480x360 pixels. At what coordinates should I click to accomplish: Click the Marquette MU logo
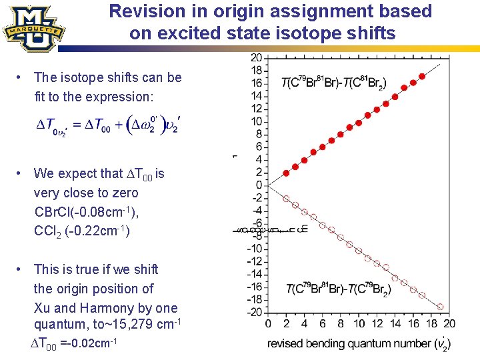[33, 28]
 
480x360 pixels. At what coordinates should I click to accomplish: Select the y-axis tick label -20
[255, 312]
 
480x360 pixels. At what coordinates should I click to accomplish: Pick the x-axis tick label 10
[359, 324]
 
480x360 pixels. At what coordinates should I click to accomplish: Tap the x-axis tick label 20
[449, 324]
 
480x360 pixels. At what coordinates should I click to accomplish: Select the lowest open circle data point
[440, 306]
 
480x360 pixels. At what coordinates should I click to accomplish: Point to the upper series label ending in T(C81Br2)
[333, 83]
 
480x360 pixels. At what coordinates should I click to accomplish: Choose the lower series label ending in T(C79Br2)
[338, 289]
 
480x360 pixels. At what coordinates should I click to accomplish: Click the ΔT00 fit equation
[107, 125]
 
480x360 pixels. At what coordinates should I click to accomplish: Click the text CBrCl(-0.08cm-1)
[87, 213]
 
